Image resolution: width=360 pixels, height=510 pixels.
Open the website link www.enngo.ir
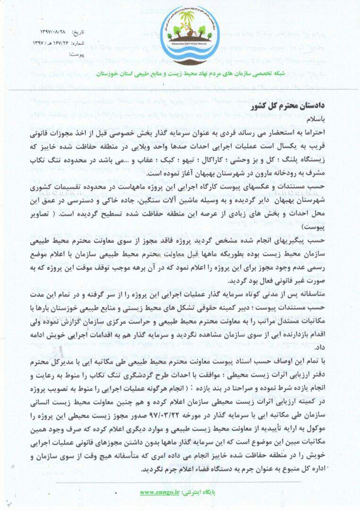coord(160,492)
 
